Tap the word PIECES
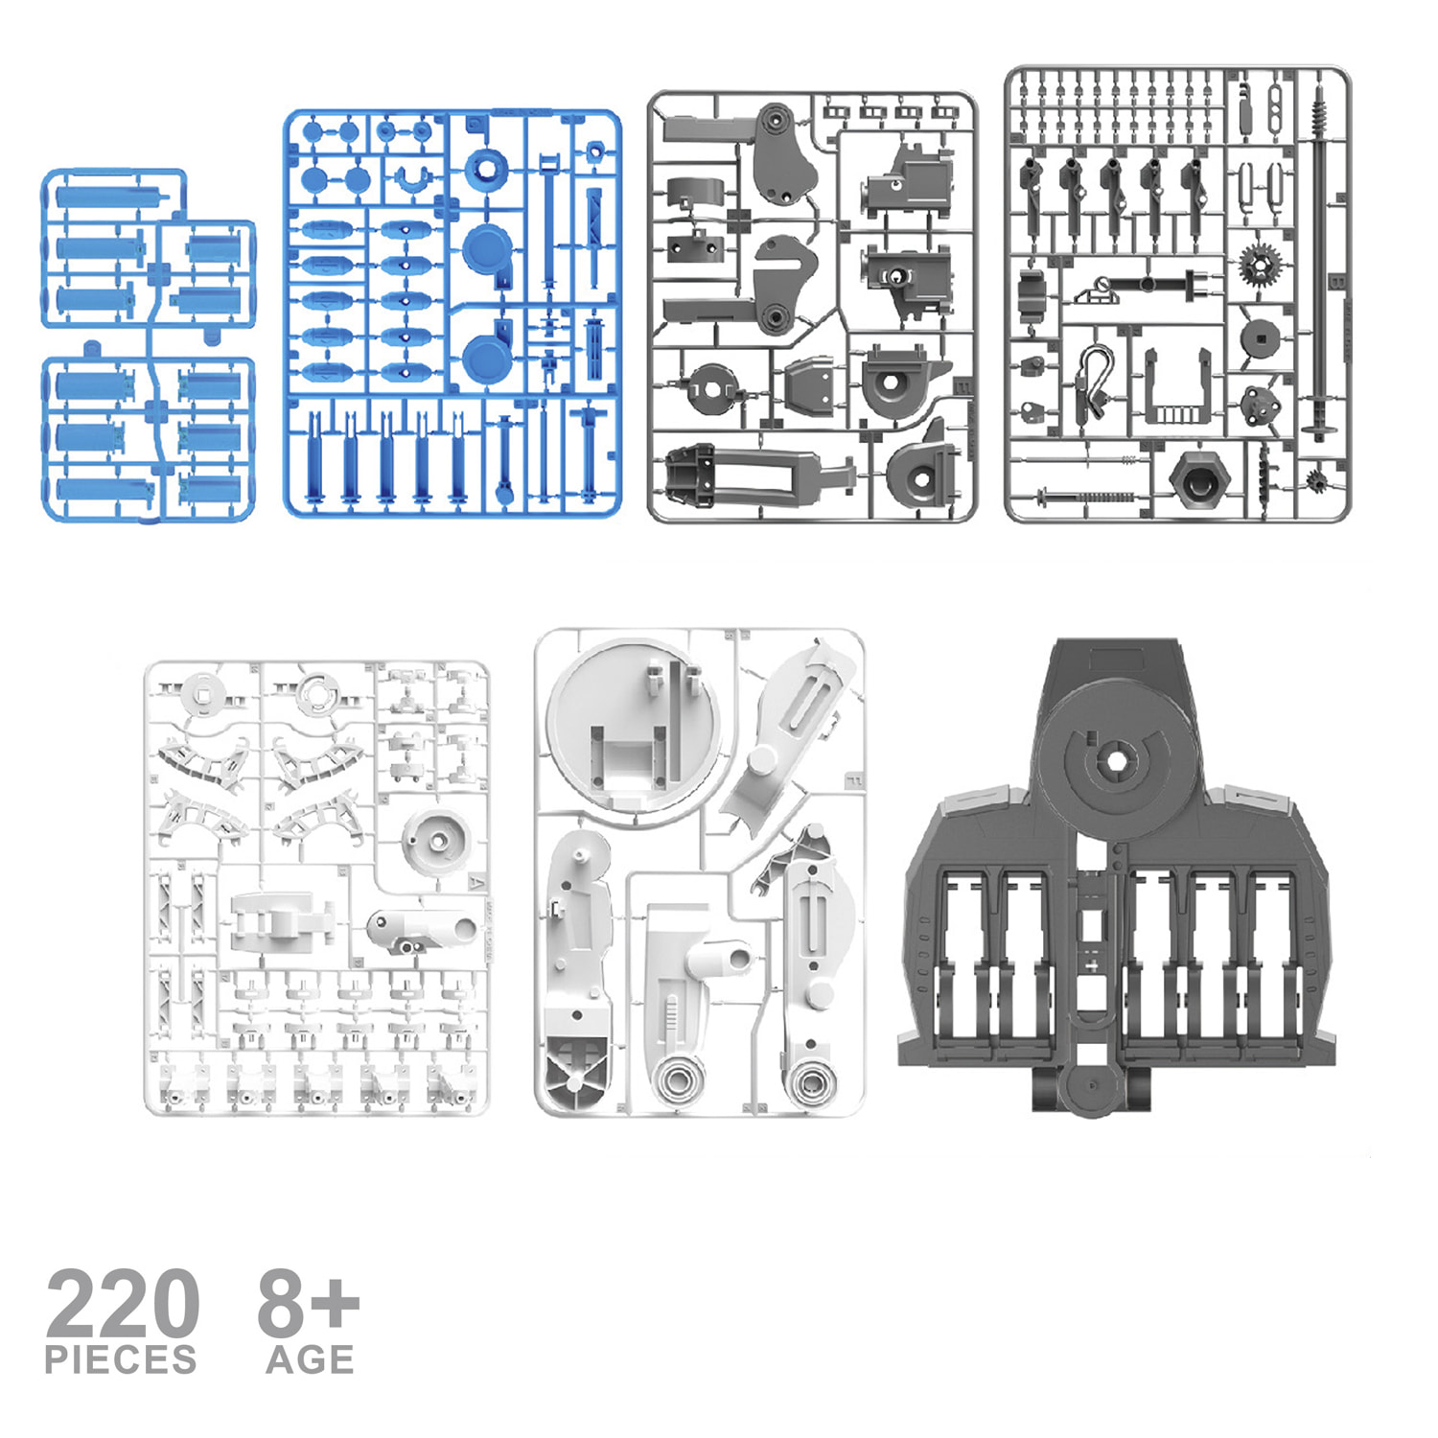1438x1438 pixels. [x=121, y=1359]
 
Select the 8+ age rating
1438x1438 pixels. [x=308, y=1302]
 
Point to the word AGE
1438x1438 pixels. [x=311, y=1359]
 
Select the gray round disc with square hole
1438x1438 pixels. [x=1259, y=338]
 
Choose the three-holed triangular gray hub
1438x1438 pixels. [x=1258, y=406]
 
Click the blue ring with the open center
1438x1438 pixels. [x=488, y=170]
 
